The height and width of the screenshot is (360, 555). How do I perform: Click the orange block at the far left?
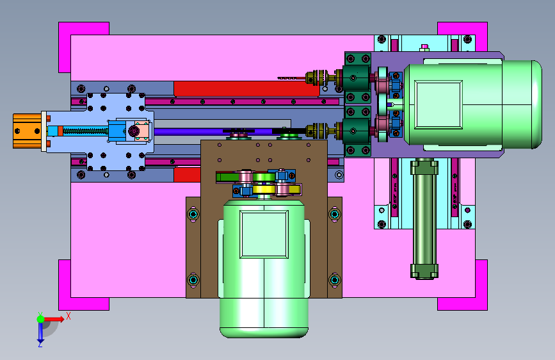click(28, 131)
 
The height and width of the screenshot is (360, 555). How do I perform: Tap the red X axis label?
click(68, 316)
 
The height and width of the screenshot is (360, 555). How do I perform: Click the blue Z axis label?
click(40, 344)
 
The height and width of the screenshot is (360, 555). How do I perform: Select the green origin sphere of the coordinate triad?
click(41, 319)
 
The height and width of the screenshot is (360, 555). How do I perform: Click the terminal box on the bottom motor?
click(264, 234)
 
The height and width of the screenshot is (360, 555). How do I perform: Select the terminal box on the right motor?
click(438, 104)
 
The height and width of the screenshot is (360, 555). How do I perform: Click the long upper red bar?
click(246, 88)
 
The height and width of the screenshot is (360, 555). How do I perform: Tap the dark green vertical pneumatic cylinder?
click(424, 219)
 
